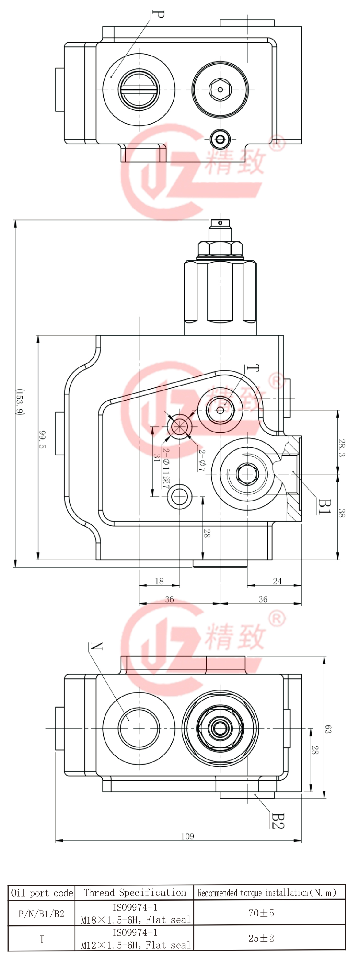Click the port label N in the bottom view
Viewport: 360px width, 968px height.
(97, 646)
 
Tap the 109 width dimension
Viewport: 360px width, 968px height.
(188, 836)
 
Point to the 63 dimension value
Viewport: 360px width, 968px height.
(328, 729)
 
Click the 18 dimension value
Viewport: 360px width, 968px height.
(159, 581)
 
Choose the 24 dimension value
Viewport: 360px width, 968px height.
(277, 581)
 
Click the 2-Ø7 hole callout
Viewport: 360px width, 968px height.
(202, 460)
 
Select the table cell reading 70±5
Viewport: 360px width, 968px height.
(261, 913)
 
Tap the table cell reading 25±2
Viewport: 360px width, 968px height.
(261, 938)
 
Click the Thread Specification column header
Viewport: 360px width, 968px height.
(135, 893)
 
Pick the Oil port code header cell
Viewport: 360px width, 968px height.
(42, 893)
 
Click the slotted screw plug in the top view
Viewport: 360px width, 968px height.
(138, 89)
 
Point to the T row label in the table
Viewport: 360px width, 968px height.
(42, 939)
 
